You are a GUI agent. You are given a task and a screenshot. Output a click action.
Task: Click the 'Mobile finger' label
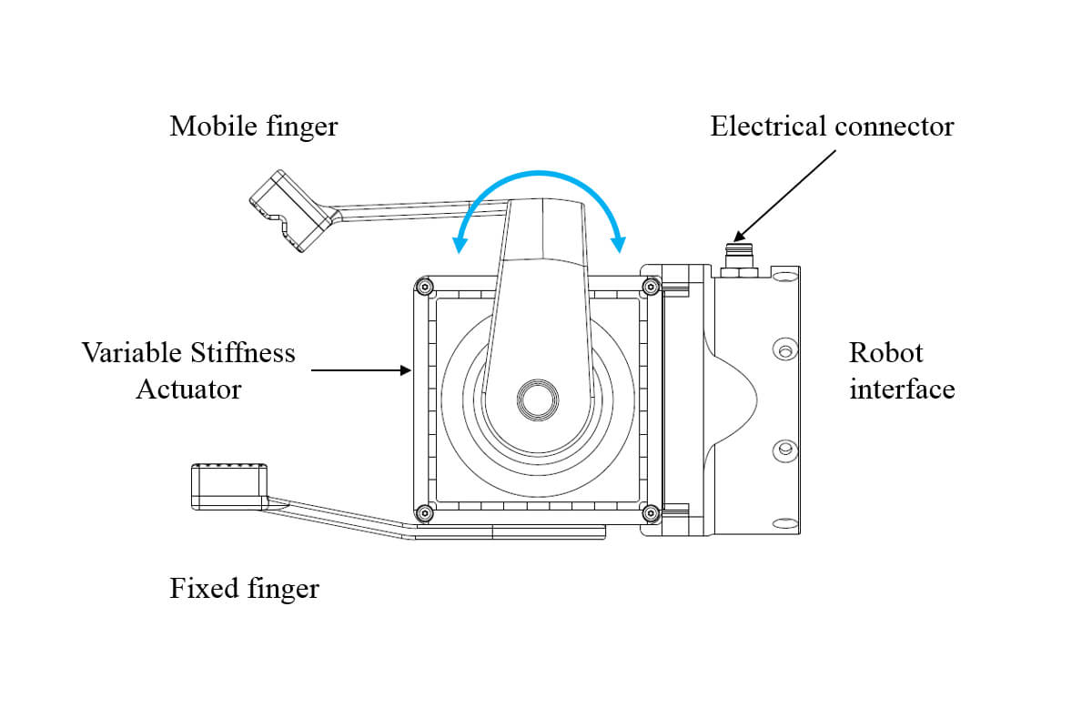pyautogui.click(x=253, y=126)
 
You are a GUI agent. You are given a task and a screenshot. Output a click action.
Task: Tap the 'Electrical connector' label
pyautogui.click(x=832, y=126)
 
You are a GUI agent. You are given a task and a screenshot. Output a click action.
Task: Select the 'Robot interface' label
pyautogui.click(x=901, y=371)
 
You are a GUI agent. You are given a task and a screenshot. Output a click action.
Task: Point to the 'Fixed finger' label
pyautogui.click(x=244, y=588)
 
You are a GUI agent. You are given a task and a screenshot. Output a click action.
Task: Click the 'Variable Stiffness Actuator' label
pyautogui.click(x=188, y=371)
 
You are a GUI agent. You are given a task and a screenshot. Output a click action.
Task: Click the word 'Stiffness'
pyautogui.click(x=244, y=353)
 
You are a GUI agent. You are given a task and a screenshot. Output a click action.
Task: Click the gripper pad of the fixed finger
pyautogui.click(x=228, y=484)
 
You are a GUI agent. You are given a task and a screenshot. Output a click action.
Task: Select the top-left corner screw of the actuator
pyautogui.click(x=423, y=288)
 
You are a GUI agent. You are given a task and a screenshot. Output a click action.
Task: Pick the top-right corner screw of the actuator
pyautogui.click(x=650, y=288)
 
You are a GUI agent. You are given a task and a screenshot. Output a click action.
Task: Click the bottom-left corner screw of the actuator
pyautogui.click(x=423, y=514)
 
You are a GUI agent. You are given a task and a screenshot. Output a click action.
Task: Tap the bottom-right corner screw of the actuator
pyautogui.click(x=650, y=514)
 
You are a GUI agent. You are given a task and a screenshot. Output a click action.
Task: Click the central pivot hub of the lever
pyautogui.click(x=537, y=399)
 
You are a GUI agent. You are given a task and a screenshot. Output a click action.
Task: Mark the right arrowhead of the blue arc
pyautogui.click(x=621, y=243)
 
